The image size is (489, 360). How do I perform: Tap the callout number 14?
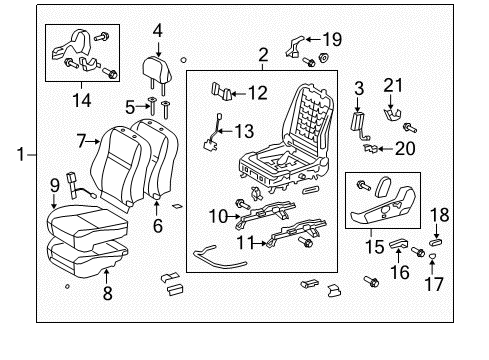[82, 100]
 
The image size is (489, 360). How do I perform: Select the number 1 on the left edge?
[21, 155]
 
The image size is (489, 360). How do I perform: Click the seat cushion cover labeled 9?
[87, 228]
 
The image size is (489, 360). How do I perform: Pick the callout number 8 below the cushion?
[107, 293]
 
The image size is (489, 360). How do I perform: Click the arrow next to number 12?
[239, 94]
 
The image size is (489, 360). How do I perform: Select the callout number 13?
[245, 131]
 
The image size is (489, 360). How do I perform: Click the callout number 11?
[245, 243]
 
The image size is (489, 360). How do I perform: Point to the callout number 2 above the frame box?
[263, 55]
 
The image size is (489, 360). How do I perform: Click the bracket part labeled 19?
[294, 48]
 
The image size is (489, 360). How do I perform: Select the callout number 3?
[359, 88]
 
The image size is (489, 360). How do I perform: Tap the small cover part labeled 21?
[392, 115]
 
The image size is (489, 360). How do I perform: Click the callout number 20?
[405, 148]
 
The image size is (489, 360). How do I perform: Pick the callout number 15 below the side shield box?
[375, 247]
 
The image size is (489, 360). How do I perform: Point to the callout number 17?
[434, 284]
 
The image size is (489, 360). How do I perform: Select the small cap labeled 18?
[436, 242]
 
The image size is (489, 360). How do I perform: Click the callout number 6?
[158, 226]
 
